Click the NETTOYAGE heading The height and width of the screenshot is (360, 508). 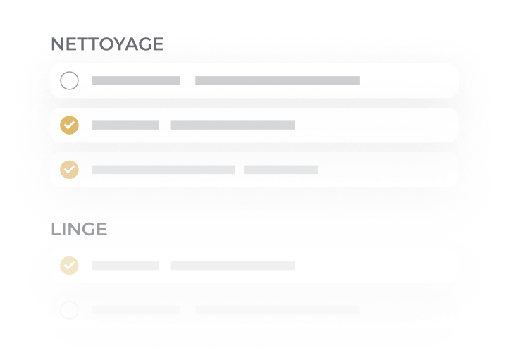pyautogui.click(x=107, y=44)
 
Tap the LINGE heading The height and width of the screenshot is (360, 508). pyautogui.click(x=79, y=229)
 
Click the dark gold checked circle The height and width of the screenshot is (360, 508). pyautogui.click(x=69, y=125)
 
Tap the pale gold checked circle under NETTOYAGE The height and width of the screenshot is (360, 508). pyautogui.click(x=69, y=170)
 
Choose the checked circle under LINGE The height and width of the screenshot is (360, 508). pyautogui.click(x=69, y=266)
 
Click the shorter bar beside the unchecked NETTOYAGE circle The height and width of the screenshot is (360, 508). pyautogui.click(x=136, y=81)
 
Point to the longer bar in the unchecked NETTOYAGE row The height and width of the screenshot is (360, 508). pyautogui.click(x=278, y=81)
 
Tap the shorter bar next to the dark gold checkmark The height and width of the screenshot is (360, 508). pyautogui.click(x=125, y=125)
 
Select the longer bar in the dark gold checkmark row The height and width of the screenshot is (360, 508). pyautogui.click(x=233, y=125)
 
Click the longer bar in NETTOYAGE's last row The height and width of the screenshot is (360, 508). pyautogui.click(x=163, y=170)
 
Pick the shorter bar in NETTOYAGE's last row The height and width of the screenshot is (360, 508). pyautogui.click(x=281, y=170)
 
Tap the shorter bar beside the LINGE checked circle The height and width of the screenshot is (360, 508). pyautogui.click(x=125, y=266)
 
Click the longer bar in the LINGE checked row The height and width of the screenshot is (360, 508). pyautogui.click(x=233, y=266)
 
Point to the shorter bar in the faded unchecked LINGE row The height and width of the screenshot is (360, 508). pyautogui.click(x=136, y=310)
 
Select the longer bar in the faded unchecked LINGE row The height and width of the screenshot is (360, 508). pyautogui.click(x=278, y=310)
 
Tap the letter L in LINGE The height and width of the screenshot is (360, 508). pyautogui.click(x=56, y=229)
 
